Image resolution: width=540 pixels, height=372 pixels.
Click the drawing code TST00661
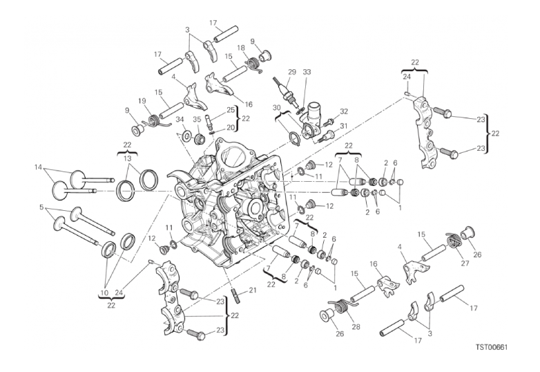click(492, 347)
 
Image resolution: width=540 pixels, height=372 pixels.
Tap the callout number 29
click(291, 72)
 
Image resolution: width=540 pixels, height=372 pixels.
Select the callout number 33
click(307, 72)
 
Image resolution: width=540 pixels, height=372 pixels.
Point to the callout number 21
click(253, 290)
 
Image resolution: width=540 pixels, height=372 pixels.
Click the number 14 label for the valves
click(39, 167)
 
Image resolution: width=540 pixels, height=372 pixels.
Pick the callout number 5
click(41, 207)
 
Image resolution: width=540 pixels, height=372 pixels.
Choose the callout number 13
click(128, 158)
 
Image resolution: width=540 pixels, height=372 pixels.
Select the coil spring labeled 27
click(455, 240)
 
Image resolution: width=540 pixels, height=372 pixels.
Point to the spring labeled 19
click(155, 121)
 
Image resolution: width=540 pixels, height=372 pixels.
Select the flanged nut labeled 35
click(200, 139)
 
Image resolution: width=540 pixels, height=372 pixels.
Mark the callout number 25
click(230, 110)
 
